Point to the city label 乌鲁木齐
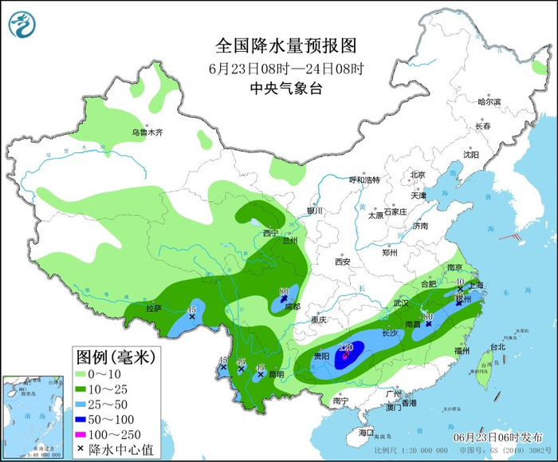click(147, 132)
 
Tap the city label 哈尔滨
click(488, 102)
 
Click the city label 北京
click(418, 175)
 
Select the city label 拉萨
click(153, 308)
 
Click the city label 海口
click(366, 432)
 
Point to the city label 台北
click(497, 346)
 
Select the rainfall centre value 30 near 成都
click(284, 291)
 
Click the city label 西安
click(343, 261)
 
